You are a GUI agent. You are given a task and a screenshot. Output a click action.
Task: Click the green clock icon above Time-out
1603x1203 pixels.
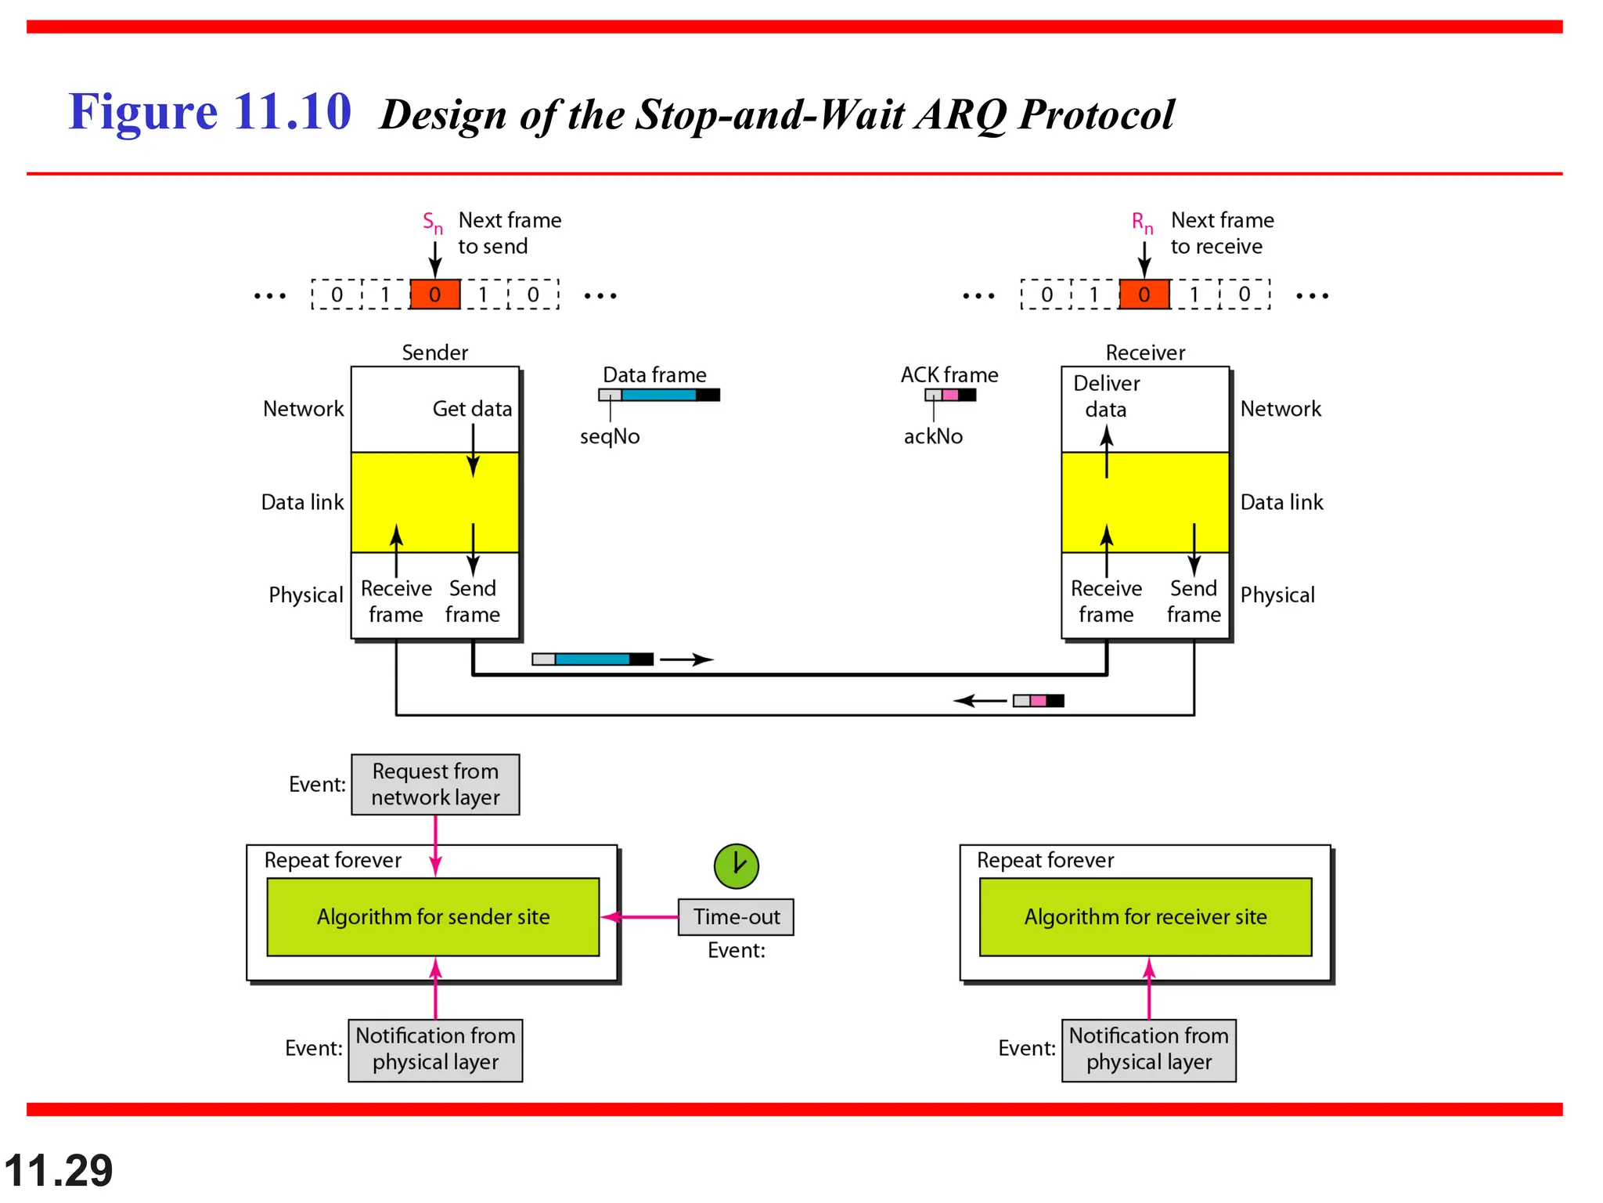pyautogui.click(x=736, y=865)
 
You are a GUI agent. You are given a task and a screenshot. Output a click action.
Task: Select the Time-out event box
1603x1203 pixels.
pyautogui.click(x=736, y=916)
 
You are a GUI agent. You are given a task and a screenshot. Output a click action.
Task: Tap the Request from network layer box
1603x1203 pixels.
pyautogui.click(x=435, y=784)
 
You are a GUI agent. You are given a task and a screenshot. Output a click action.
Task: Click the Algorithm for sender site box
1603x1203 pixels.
pyautogui.click(x=433, y=916)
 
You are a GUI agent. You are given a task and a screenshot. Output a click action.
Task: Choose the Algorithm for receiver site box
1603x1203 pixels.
pyautogui.click(x=1145, y=916)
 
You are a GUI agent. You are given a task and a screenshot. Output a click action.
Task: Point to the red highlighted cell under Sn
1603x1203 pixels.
pyautogui.click(x=435, y=294)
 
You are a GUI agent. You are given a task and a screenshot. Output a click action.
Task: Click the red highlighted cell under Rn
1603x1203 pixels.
pyautogui.click(x=1144, y=294)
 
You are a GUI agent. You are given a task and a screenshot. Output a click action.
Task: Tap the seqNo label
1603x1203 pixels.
pyautogui.click(x=610, y=436)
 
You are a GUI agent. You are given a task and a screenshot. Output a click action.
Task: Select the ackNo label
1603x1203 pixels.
pyautogui.click(x=933, y=436)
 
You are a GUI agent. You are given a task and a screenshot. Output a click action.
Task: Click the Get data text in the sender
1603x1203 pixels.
pyautogui.click(x=472, y=409)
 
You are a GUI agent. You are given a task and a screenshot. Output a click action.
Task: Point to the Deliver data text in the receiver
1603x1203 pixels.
pyautogui.click(x=1106, y=396)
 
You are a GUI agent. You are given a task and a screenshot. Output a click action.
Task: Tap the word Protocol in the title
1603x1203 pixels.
pyautogui.click(x=1097, y=115)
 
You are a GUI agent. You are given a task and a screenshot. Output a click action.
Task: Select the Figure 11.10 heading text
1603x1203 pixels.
pyautogui.click(x=210, y=111)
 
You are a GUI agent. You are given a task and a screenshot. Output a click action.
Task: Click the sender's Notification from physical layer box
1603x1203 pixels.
pyautogui.click(x=435, y=1049)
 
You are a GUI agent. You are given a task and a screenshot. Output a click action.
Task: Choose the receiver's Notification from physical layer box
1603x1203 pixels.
pyautogui.click(x=1148, y=1049)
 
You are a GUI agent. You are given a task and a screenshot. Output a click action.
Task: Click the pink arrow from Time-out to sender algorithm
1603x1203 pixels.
pyautogui.click(x=640, y=916)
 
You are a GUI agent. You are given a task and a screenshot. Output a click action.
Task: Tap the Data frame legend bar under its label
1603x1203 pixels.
pyautogui.click(x=659, y=395)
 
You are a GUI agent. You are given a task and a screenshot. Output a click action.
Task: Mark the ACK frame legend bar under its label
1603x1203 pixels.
pyautogui.click(x=950, y=395)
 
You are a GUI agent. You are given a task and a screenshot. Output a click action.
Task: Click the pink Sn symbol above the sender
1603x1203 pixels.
pyautogui.click(x=432, y=222)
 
